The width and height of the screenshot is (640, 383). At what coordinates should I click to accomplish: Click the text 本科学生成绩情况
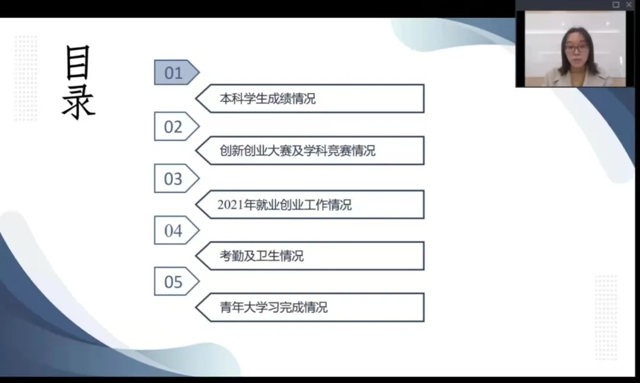268,98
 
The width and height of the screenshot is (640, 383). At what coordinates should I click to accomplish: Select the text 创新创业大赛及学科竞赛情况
297,151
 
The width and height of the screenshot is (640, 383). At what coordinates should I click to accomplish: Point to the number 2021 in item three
230,205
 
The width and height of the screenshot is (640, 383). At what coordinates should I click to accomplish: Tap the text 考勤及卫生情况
262,256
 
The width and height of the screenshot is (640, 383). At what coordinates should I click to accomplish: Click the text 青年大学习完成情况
273,307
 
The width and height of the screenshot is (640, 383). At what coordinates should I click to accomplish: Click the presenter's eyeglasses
577,48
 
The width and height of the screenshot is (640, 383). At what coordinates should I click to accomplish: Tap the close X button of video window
629,5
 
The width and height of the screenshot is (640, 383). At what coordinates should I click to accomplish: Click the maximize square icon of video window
616,5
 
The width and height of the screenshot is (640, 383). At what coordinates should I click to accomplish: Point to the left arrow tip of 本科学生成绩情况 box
196,98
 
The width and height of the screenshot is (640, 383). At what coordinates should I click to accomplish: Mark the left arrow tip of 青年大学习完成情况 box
196,308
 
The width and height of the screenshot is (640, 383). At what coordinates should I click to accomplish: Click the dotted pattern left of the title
25,78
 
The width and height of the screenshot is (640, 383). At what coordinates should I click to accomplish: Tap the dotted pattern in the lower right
606,318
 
